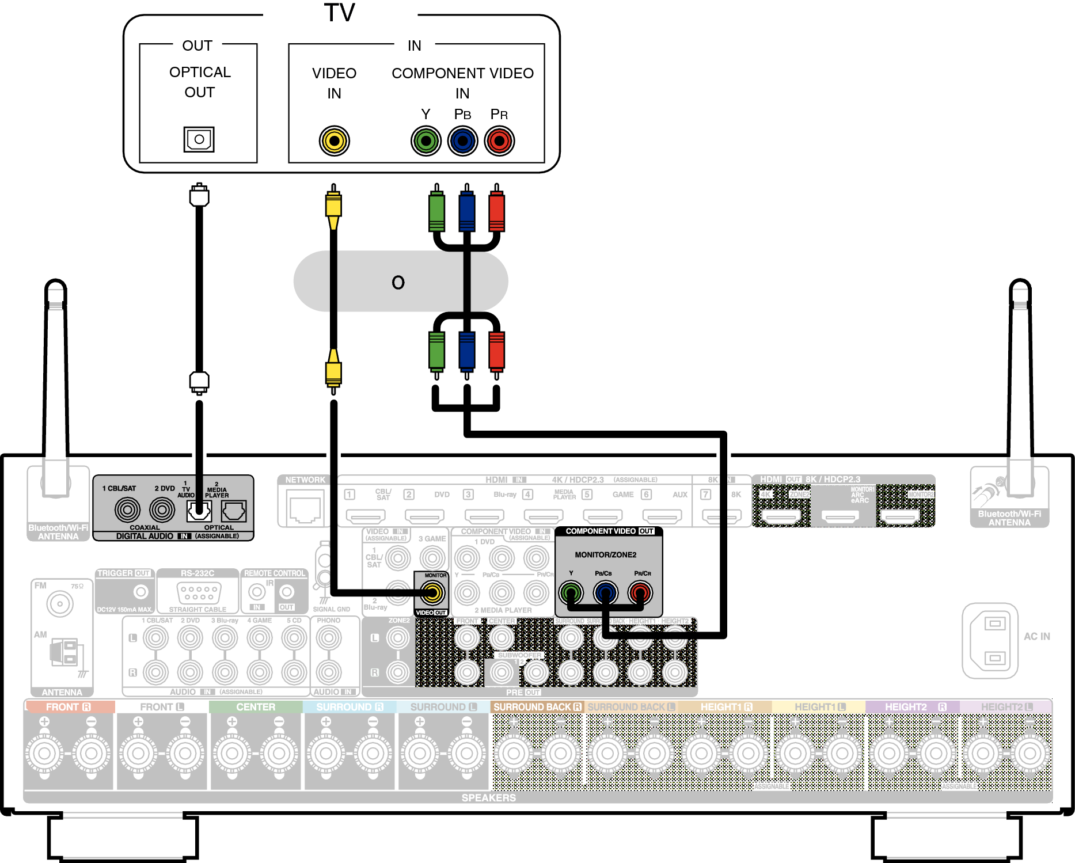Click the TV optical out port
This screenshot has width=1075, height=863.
(x=199, y=139)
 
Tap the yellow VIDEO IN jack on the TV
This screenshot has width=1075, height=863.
(x=335, y=141)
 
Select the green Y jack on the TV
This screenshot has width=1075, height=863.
(x=426, y=141)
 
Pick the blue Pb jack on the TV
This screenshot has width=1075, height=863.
(x=463, y=141)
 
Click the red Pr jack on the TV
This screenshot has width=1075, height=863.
(x=499, y=141)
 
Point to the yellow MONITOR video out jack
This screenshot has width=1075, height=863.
(x=432, y=592)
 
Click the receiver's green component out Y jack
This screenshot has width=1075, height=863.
(x=571, y=592)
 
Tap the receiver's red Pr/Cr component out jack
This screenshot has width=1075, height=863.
(x=640, y=592)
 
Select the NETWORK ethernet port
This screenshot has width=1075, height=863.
(x=305, y=507)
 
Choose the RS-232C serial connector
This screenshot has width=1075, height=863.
(x=199, y=591)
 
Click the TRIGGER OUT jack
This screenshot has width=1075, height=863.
(x=140, y=592)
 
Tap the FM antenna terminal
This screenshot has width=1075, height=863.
(x=60, y=604)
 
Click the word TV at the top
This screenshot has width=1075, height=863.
(x=340, y=13)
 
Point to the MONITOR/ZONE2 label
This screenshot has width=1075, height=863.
(x=606, y=555)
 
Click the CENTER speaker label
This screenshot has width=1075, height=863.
(x=256, y=707)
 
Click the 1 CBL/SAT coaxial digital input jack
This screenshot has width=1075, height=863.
(x=127, y=510)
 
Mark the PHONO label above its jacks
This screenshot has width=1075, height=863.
(x=329, y=621)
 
